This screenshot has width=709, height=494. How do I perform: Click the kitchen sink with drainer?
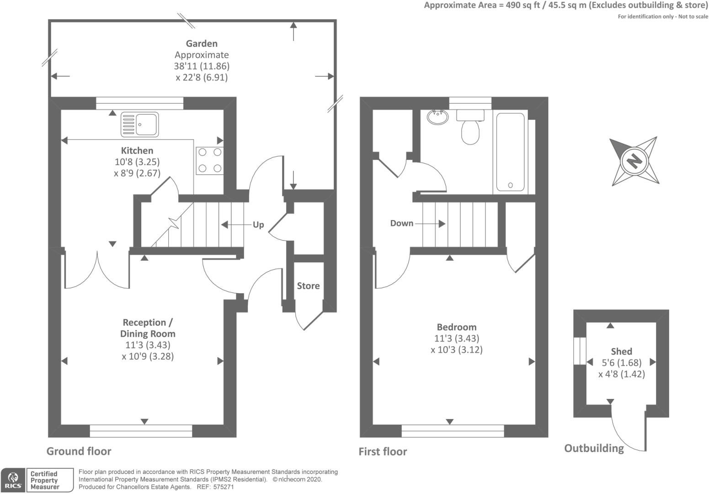click(139, 124)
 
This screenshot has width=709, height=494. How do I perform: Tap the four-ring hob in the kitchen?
click(209, 161)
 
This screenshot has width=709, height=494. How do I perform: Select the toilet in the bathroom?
click(470, 127)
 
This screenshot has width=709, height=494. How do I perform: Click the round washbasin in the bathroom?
click(438, 117)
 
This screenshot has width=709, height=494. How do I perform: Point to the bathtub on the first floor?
click(510, 152)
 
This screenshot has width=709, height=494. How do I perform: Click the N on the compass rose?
click(634, 161)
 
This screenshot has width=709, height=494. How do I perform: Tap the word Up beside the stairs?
click(258, 225)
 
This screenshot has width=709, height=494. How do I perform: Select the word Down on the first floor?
click(402, 223)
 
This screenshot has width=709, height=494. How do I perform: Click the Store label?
click(308, 286)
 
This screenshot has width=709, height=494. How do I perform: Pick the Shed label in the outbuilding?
click(621, 351)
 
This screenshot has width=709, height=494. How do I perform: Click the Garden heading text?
click(202, 43)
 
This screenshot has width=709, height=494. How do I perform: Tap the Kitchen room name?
click(137, 150)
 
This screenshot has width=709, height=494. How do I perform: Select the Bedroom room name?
click(456, 327)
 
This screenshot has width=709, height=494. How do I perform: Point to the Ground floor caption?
click(79, 451)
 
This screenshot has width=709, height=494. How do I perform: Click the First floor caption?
click(383, 451)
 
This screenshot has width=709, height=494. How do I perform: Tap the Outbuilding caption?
click(594, 448)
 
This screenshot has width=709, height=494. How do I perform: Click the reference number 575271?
click(224, 487)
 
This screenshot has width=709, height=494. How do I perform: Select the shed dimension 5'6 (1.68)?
click(621, 363)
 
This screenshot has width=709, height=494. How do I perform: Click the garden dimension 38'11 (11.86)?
click(202, 66)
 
